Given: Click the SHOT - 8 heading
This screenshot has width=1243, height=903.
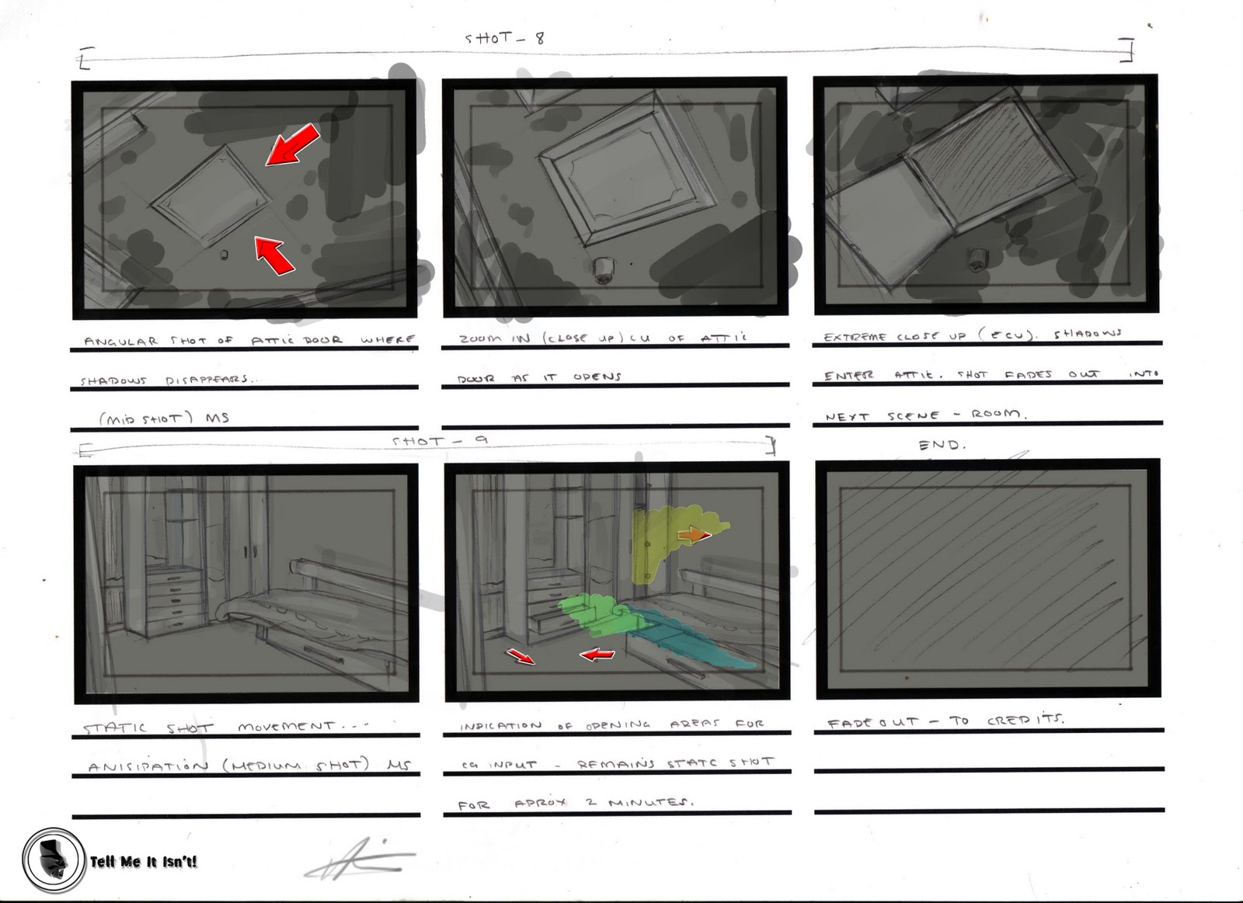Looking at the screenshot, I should click(x=504, y=38).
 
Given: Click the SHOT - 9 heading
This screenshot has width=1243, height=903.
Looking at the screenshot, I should click(x=440, y=441).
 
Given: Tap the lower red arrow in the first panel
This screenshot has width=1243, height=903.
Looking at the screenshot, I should click(x=274, y=255).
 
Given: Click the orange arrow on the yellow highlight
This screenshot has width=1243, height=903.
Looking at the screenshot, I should click(x=693, y=535).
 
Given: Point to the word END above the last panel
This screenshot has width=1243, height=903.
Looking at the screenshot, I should click(x=942, y=445).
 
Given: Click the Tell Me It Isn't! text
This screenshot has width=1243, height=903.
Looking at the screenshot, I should click(x=143, y=861).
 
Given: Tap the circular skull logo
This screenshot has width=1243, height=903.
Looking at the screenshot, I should click(x=53, y=860).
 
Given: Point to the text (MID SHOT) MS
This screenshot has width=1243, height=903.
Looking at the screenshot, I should click(x=163, y=418).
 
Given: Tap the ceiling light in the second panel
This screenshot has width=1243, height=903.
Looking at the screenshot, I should click(x=603, y=269).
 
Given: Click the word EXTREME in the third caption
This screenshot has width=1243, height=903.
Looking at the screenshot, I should click(x=853, y=336).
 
